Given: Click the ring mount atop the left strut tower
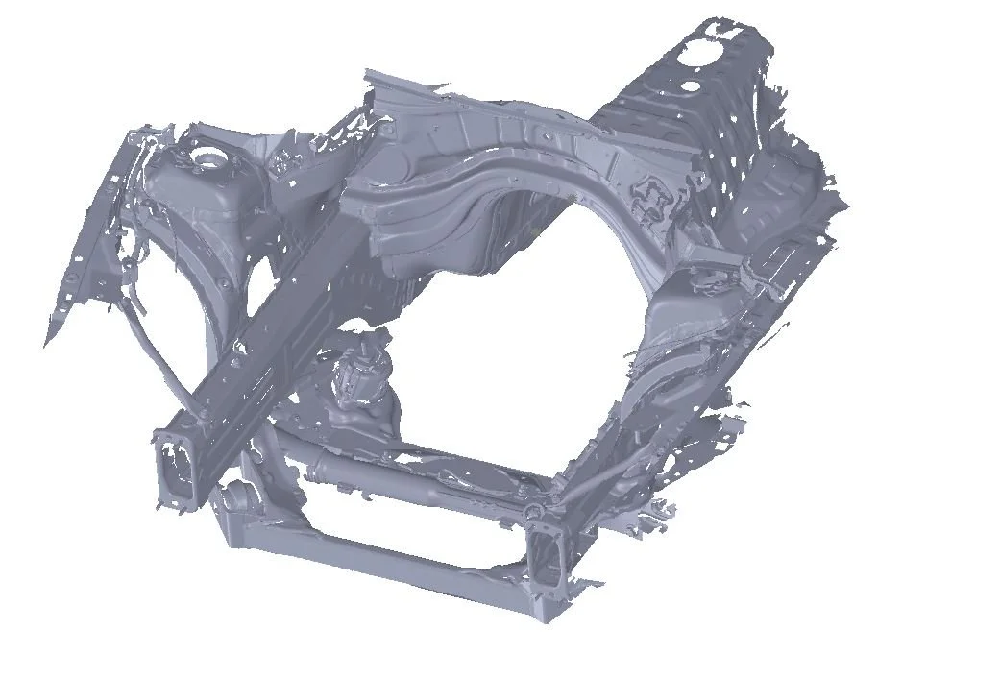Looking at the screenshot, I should [206, 154].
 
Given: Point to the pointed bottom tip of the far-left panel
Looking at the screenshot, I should [48, 342].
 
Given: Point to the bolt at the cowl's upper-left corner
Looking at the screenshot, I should [386, 125].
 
